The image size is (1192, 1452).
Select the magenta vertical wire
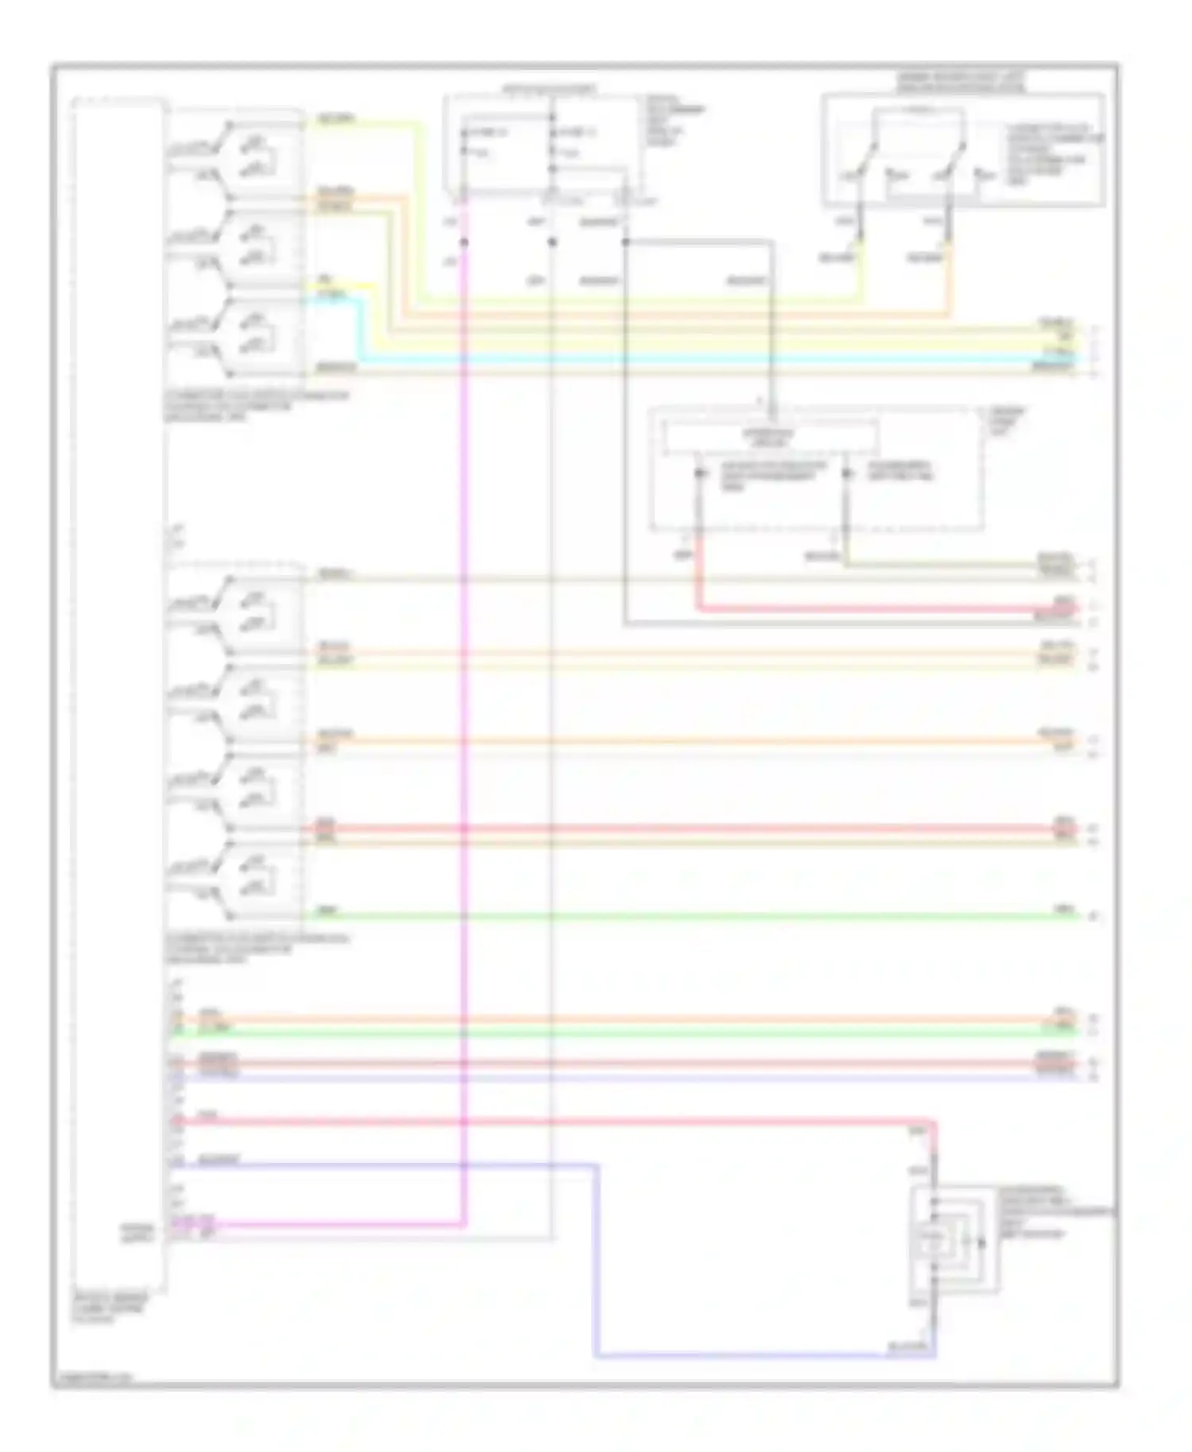coord(463,715)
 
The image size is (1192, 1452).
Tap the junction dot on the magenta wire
coord(463,241)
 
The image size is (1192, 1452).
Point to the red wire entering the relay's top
coord(935,1144)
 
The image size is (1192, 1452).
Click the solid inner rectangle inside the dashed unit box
coord(770,438)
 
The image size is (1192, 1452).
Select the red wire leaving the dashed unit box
coord(874,609)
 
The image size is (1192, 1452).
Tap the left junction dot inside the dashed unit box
coord(699,474)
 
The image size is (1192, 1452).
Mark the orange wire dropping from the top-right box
coord(950,286)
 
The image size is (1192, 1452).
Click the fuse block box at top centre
coord(544,144)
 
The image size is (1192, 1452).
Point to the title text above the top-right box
coord(961,82)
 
